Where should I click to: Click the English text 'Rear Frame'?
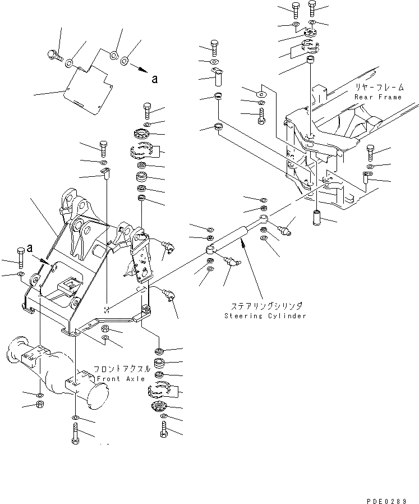(377, 97)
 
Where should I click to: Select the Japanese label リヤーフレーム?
(377, 88)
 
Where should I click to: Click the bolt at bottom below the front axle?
(75, 434)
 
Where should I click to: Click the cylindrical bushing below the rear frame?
(317, 216)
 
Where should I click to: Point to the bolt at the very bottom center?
(163, 430)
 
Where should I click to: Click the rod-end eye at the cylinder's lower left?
(209, 248)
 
